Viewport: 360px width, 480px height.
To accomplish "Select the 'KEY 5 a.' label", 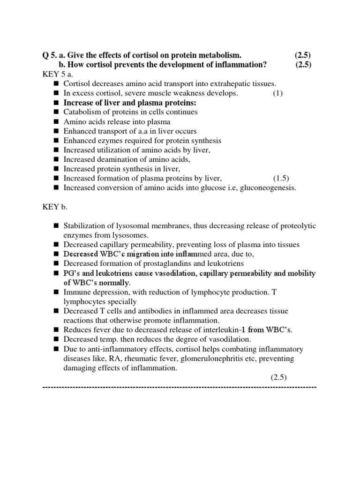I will click(x=56, y=75).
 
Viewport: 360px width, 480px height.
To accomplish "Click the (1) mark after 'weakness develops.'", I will click(x=278, y=93).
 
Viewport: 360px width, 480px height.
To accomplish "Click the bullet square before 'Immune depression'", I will click(x=56, y=292).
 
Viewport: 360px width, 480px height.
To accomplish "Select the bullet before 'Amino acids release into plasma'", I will click(x=56, y=122).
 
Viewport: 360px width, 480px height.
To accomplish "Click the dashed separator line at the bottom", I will click(x=180, y=387).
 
